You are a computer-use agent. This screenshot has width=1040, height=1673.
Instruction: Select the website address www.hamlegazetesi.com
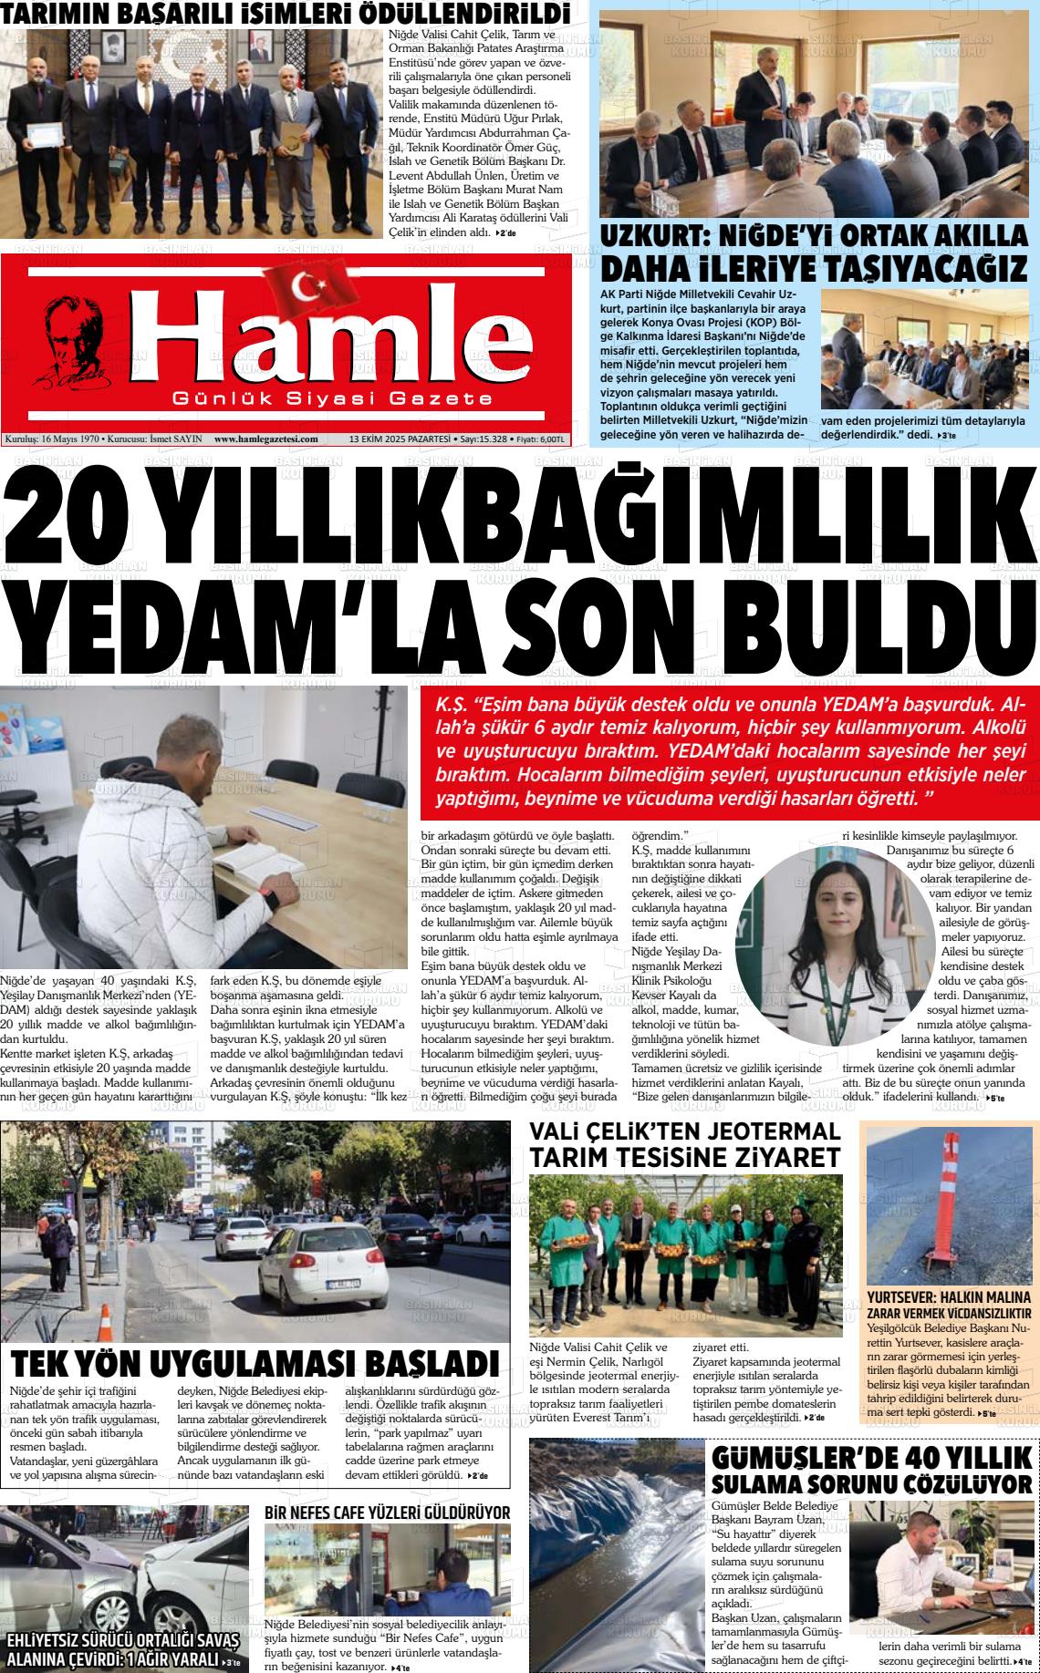tap(265, 439)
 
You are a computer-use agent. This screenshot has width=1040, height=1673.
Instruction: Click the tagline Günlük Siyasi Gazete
tap(332, 399)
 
